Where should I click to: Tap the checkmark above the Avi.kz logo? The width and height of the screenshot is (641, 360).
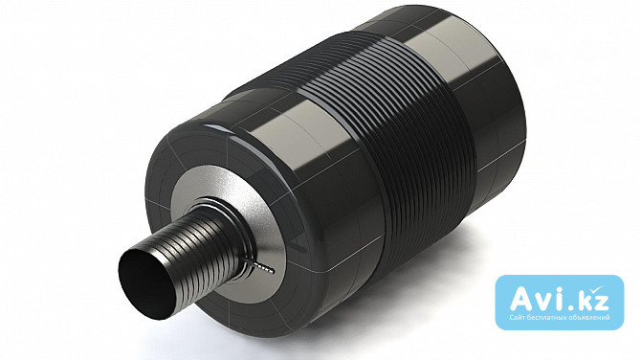click(599, 291)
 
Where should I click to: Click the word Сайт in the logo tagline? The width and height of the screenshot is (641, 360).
click(516, 318)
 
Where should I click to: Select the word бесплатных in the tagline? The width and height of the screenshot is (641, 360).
click(542, 318)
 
